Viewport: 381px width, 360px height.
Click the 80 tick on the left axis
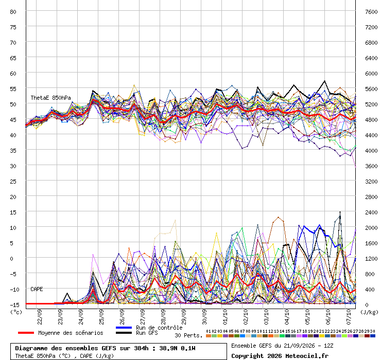[13, 12]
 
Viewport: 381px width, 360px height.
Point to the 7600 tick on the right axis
[371, 12]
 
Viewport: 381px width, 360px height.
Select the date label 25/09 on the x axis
[101, 317]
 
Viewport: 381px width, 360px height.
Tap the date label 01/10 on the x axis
[225, 317]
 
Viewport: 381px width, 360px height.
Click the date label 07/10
[349, 317]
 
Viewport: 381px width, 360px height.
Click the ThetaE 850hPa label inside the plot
[50, 98]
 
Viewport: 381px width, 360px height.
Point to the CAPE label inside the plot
[37, 289]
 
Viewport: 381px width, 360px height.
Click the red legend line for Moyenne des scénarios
[26, 333]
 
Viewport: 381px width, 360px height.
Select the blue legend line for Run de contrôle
[124, 328]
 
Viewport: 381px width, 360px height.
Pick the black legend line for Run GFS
[124, 333]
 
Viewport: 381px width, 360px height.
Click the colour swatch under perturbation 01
[209, 336]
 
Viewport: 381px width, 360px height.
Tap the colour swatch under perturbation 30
[372, 336]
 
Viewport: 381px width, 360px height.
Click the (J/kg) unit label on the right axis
[369, 312]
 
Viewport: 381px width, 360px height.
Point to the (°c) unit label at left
[16, 312]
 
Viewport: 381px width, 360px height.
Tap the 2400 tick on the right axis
[371, 212]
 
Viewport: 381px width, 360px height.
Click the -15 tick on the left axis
[13, 305]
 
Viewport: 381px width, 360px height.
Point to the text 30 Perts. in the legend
[188, 335]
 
